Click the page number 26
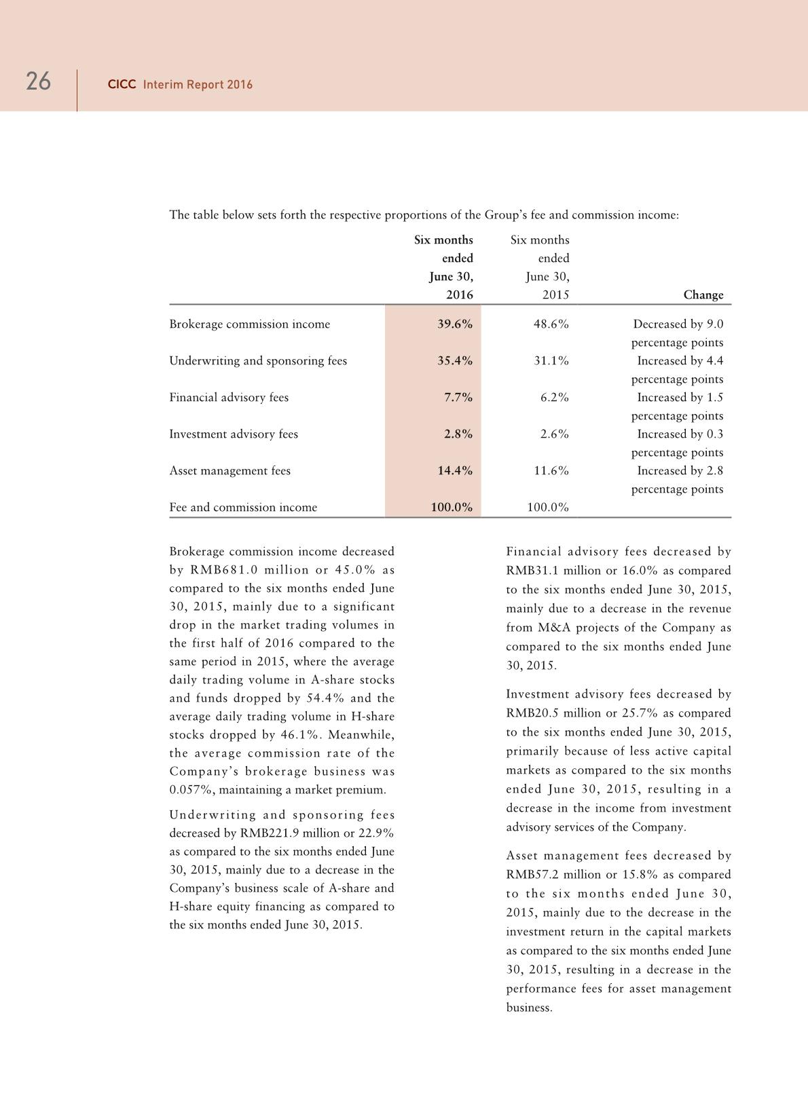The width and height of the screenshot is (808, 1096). [38, 82]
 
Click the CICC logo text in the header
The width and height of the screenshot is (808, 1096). [122, 85]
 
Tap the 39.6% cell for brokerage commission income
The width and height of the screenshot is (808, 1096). [454, 324]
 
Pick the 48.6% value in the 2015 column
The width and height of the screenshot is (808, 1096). [551, 324]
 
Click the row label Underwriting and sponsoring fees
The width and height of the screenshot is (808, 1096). [258, 361]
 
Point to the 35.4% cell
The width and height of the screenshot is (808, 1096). [454, 361]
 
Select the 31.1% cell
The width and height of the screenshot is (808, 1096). [551, 361]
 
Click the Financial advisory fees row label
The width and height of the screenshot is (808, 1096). [229, 398]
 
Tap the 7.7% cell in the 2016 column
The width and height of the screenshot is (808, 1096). [458, 398]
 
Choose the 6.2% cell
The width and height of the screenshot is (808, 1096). [554, 398]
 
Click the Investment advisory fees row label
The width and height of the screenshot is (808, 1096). [234, 434]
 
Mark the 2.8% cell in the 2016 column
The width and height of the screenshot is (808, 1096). [458, 434]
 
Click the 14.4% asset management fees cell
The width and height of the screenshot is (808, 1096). [454, 471]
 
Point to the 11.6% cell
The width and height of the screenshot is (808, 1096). [551, 471]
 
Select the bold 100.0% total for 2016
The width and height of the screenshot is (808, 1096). [452, 508]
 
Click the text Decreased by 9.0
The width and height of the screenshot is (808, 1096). [678, 324]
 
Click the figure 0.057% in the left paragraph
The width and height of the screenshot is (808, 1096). [190, 790]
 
